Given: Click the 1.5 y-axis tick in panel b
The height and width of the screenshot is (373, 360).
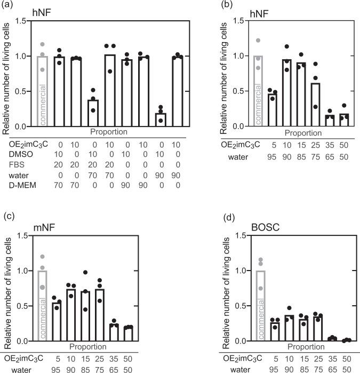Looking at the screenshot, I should pos(240,21).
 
